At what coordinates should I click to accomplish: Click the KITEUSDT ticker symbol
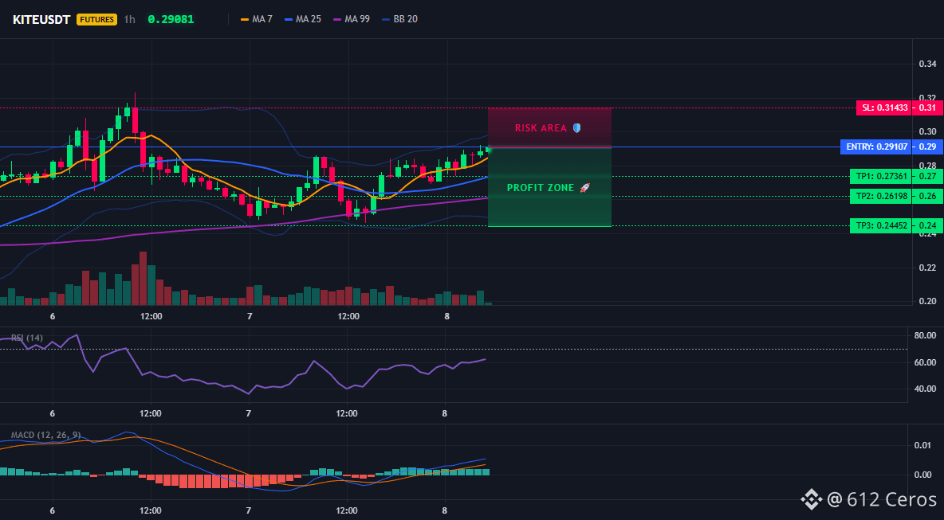click(42, 19)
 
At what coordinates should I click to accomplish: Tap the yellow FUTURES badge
click(96, 19)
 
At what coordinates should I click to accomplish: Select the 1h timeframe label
click(129, 19)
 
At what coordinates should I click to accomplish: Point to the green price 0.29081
click(171, 19)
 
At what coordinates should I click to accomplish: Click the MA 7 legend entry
click(257, 19)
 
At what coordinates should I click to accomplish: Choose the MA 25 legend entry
click(303, 19)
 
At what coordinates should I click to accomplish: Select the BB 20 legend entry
click(399, 19)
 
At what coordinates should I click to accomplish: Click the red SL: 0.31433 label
click(883, 108)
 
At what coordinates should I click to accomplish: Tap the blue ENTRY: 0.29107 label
click(876, 147)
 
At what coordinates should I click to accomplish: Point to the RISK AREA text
click(541, 128)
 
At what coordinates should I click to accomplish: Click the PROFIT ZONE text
click(541, 188)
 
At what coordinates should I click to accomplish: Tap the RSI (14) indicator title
click(27, 338)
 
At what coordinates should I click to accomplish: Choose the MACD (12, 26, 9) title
click(45, 435)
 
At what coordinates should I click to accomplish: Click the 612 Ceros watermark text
click(891, 499)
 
